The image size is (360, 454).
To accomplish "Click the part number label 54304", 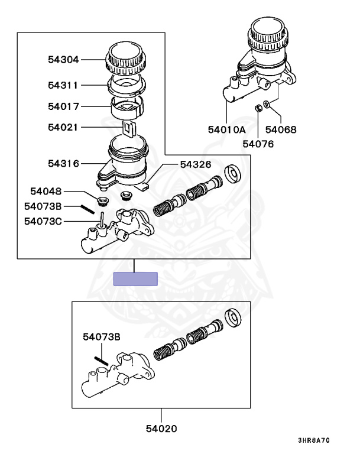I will coord(63,59).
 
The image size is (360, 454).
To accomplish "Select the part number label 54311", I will coord(63,85).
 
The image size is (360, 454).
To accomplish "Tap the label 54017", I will coord(63,107).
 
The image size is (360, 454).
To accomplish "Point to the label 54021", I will coord(63,127).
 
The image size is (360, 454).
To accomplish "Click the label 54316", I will coord(63,163).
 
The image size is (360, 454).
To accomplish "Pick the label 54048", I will coord(45,191).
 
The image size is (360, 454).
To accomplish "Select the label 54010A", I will coord(226,129).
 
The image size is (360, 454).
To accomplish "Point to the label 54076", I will coord(258,143).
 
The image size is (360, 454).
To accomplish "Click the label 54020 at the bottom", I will coord(161,428).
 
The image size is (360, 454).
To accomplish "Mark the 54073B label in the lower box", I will coord(102,337).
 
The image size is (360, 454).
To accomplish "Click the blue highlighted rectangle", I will coord(135,278).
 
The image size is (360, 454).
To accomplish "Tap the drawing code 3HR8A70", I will coord(313,441).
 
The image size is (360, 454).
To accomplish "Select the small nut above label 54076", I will coord(258,108).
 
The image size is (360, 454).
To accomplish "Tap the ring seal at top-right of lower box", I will coord(235,318).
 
